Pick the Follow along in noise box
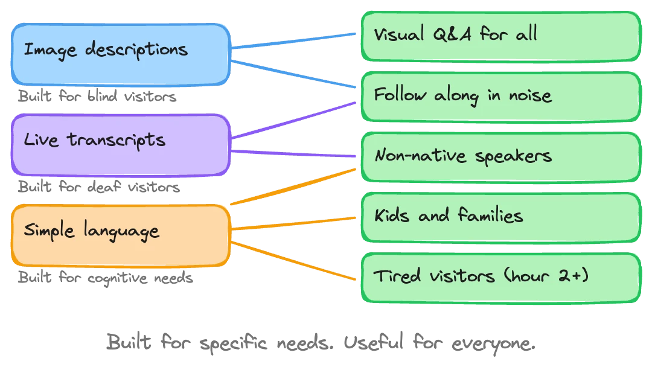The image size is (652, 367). [x=500, y=96]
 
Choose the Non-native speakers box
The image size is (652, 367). [x=500, y=156]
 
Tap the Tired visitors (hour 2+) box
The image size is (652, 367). [x=500, y=277]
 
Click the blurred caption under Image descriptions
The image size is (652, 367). [x=97, y=97]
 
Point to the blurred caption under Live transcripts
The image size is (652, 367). [x=97, y=188]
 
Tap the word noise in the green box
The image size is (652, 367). [x=529, y=96]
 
